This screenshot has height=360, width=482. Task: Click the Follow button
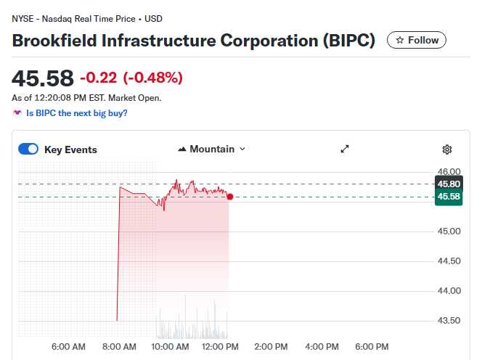417,40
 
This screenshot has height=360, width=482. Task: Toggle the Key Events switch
28,149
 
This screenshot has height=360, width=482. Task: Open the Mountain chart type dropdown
211,149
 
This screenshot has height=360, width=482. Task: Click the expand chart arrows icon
345,149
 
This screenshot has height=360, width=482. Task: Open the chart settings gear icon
447,150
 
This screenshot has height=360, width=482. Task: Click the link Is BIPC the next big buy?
76,113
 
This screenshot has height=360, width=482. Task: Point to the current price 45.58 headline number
43,78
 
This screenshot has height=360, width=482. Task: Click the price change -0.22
98,78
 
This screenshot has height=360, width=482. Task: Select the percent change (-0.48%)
152,78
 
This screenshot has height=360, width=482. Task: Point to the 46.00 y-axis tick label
449,172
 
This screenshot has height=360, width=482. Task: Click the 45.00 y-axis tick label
449,232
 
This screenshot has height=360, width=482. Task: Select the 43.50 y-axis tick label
449,321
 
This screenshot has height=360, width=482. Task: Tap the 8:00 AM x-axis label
120,347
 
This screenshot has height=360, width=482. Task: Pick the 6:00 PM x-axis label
371,347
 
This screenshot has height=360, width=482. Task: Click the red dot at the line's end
230,196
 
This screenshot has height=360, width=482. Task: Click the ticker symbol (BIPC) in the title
348,40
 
